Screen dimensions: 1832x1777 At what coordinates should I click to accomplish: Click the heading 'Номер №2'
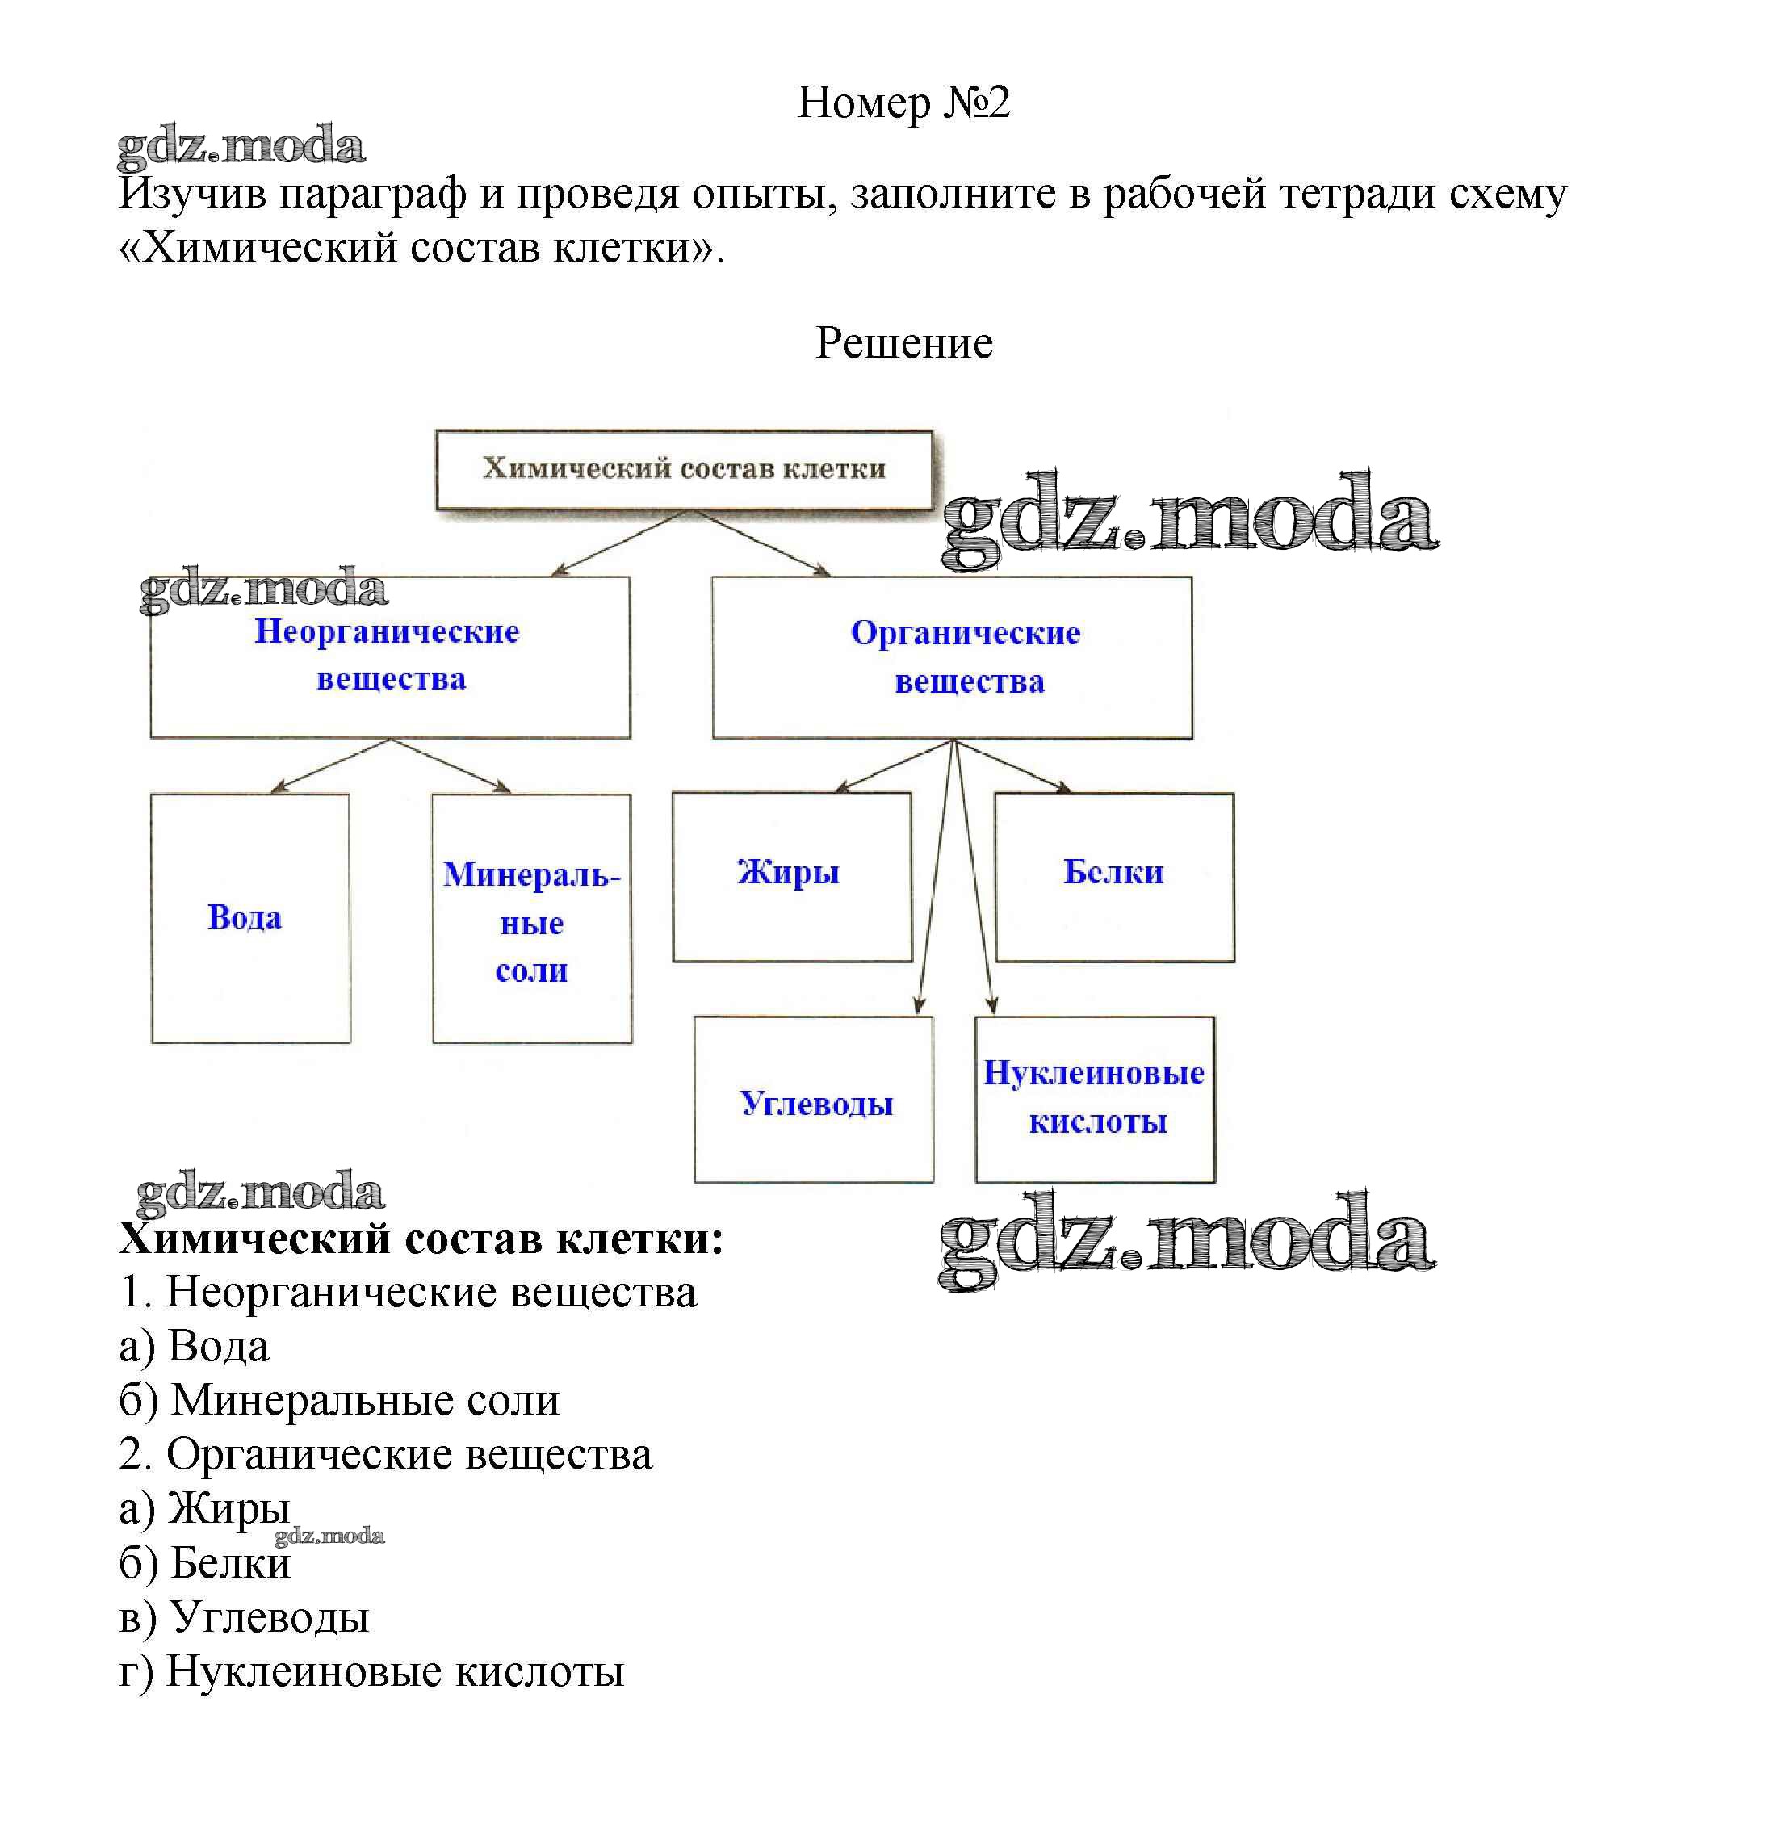click(x=903, y=102)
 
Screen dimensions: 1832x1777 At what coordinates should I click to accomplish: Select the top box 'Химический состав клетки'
click(x=685, y=469)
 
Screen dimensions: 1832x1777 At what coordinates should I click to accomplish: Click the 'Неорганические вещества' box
click(x=390, y=656)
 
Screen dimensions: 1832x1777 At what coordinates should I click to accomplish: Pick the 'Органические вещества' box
click(x=952, y=657)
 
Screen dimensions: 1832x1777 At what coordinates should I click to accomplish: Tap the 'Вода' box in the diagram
click(x=249, y=918)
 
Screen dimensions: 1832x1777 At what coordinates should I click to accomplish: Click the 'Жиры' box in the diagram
click(x=792, y=876)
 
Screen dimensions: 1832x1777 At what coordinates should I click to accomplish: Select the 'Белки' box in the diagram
click(x=1114, y=876)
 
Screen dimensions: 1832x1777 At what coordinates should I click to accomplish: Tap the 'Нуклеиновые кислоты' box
click(x=1095, y=1099)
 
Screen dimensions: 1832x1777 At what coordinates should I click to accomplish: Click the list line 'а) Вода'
click(x=194, y=1347)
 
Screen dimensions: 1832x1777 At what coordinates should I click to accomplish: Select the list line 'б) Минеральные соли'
click(x=339, y=1401)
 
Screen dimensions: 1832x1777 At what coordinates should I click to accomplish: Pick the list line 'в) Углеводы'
click(x=244, y=1618)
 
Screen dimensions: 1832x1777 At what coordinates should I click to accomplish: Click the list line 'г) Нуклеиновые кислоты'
click(x=371, y=1672)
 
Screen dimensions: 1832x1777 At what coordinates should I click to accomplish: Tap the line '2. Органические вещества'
click(x=385, y=1455)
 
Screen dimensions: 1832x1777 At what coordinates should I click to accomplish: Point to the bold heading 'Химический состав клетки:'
click(x=421, y=1239)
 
